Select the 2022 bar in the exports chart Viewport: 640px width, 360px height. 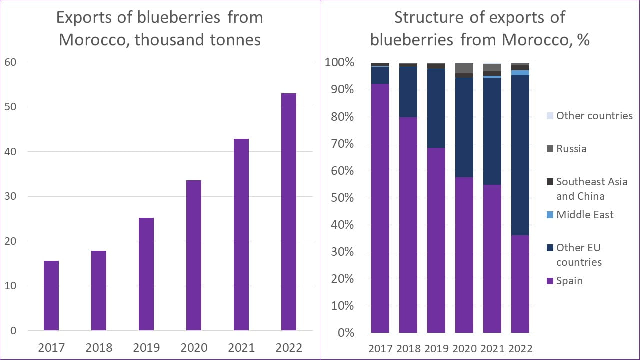pos(288,212)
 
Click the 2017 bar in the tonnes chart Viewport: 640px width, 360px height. pos(51,295)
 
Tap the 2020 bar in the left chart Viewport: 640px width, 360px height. pos(193,255)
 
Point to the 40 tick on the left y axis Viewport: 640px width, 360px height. pos(10,151)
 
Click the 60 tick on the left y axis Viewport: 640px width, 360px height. pos(10,62)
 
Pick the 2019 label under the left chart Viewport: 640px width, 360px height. pos(146,347)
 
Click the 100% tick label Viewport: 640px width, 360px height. pos(339,63)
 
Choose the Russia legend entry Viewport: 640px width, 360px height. pos(571,149)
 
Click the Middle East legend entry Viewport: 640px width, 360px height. pos(585,215)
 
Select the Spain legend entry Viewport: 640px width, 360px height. pos(569,281)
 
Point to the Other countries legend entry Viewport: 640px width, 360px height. pos(594,116)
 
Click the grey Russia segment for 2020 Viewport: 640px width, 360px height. pos(464,68)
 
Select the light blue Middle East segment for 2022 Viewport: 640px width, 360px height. pos(520,73)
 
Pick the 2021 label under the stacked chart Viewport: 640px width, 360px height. pos(492,348)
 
